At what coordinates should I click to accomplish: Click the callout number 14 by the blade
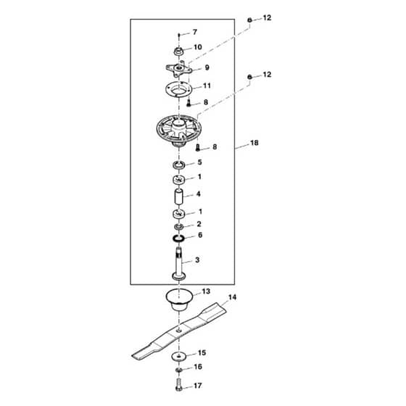coord(232,297)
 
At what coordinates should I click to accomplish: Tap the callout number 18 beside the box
coord(254,143)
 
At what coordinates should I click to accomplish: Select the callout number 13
coord(206,291)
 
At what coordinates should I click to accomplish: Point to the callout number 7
coord(195,32)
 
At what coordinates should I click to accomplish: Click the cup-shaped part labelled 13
coord(178,299)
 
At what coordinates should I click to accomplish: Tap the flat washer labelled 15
coord(179,356)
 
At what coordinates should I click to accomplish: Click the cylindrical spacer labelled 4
coord(178,197)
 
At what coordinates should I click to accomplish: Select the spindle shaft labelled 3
coord(178,264)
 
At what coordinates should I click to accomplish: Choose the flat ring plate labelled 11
coord(178,90)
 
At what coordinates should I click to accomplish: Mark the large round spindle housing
coord(178,130)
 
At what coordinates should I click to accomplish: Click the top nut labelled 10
coord(178,51)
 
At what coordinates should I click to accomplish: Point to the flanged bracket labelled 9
coord(179,69)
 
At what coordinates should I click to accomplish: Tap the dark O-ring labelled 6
coord(178,239)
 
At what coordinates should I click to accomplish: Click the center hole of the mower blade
coord(178,331)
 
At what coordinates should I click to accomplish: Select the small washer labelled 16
coord(178,370)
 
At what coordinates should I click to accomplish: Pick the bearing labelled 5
coord(178,165)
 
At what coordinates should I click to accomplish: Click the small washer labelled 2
coord(178,227)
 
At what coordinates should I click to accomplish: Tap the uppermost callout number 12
coord(267,18)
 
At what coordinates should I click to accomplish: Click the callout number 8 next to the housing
coord(215,147)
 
